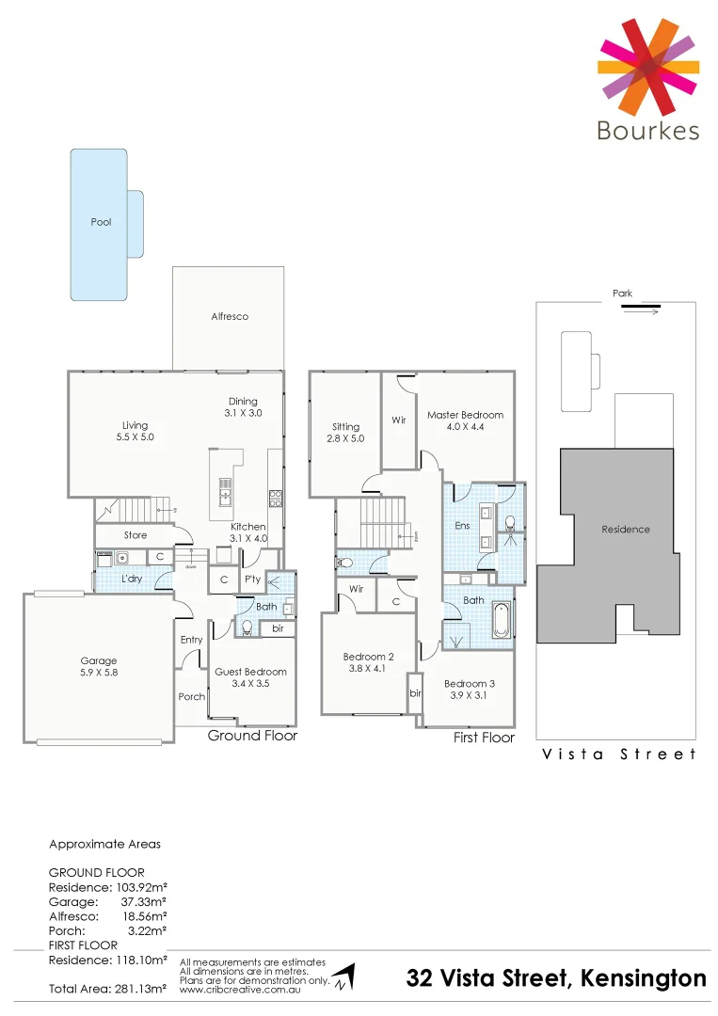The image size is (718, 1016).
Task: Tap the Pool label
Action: pyautogui.click(x=101, y=223)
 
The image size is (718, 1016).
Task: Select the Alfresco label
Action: pyautogui.click(x=230, y=317)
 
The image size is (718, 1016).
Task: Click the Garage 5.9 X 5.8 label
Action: pyautogui.click(x=99, y=667)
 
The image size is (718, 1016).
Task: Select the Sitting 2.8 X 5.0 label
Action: pyautogui.click(x=345, y=433)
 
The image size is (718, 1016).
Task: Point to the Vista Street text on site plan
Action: pyautogui.click(x=619, y=754)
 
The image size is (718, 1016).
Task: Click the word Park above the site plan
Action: pyautogui.click(x=622, y=294)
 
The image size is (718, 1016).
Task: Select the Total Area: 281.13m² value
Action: pyautogui.click(x=107, y=989)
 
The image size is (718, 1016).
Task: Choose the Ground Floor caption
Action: pyautogui.click(x=252, y=736)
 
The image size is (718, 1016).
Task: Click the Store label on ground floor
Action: pyautogui.click(x=136, y=535)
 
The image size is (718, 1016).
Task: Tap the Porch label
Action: pyautogui.click(x=192, y=697)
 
